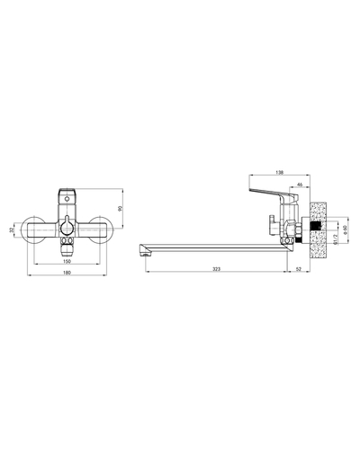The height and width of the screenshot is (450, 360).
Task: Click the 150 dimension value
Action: tap(67, 261)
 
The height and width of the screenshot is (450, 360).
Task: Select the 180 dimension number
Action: tap(67, 273)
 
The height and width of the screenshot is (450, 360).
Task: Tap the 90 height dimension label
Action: tap(120, 209)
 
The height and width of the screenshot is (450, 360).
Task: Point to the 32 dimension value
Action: tap(12, 229)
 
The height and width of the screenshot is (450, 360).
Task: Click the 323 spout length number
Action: tap(216, 269)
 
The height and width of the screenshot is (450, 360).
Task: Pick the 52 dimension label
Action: tap(299, 269)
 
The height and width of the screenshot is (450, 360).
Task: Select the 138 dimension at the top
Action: tap(280, 173)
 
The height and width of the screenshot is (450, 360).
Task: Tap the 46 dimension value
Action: tap(300, 184)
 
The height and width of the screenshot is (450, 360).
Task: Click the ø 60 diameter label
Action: tap(345, 230)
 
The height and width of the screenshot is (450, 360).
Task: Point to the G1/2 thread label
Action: tap(336, 239)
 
